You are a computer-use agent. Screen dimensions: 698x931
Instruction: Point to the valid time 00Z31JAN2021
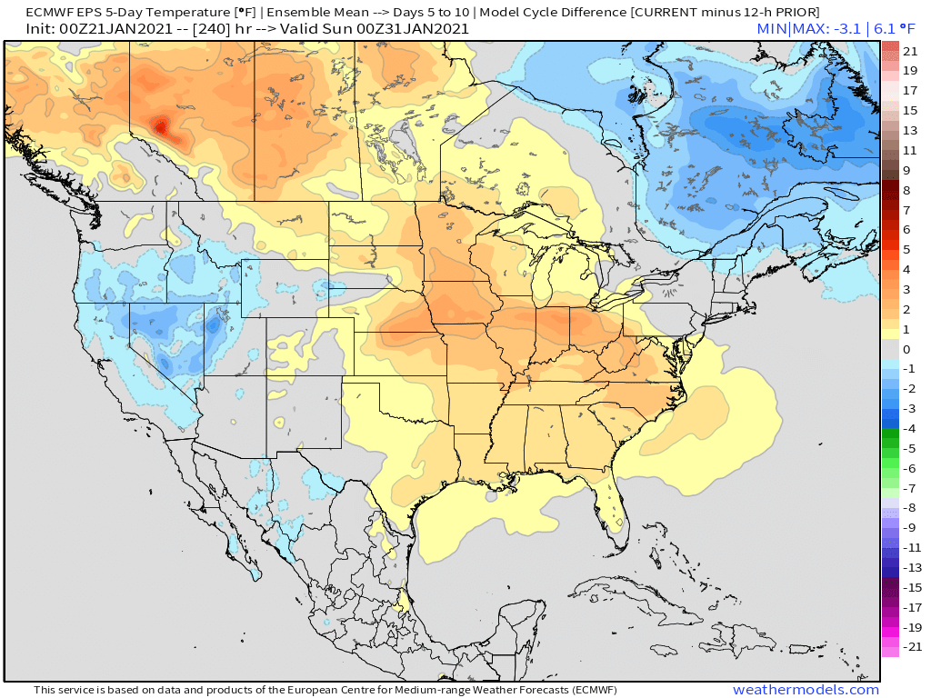(412, 28)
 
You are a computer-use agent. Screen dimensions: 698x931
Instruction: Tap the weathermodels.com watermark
(806, 690)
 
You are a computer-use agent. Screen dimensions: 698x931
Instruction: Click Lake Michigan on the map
(544, 277)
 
